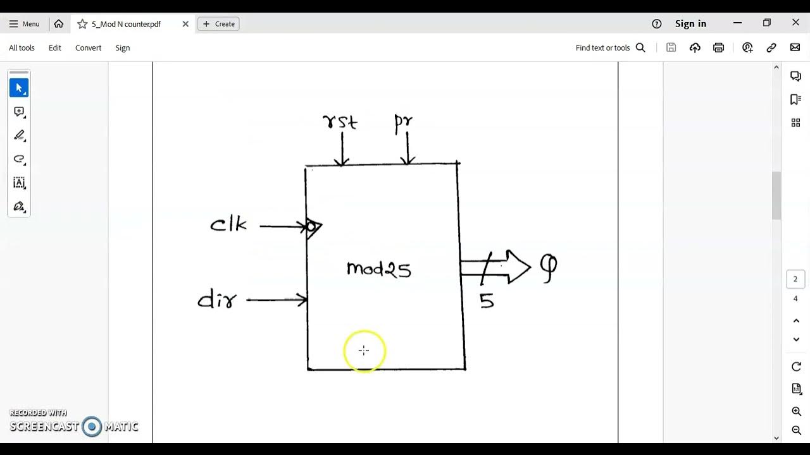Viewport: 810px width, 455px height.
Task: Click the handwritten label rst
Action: (340, 121)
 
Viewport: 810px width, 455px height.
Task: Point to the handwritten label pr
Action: (403, 122)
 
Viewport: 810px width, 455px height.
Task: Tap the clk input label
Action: (228, 224)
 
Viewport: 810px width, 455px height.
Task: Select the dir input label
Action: (217, 300)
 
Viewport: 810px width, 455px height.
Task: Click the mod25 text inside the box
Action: (379, 269)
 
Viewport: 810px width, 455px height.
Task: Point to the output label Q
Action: (548, 268)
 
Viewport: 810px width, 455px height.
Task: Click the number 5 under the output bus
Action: (486, 301)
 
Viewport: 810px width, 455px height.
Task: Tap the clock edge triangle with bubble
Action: (313, 226)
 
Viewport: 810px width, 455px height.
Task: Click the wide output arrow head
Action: (518, 267)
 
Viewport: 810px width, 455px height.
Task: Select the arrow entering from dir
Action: (277, 300)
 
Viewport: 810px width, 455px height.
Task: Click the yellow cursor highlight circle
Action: (364, 351)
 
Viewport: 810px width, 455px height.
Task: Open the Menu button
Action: (24, 24)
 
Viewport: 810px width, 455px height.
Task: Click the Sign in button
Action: (690, 24)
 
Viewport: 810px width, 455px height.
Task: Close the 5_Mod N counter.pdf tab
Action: (185, 24)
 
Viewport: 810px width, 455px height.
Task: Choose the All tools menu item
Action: (22, 48)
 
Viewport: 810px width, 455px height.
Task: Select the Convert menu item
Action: (88, 48)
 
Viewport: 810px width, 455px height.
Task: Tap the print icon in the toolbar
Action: (718, 48)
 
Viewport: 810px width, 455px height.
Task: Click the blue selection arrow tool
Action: (19, 88)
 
